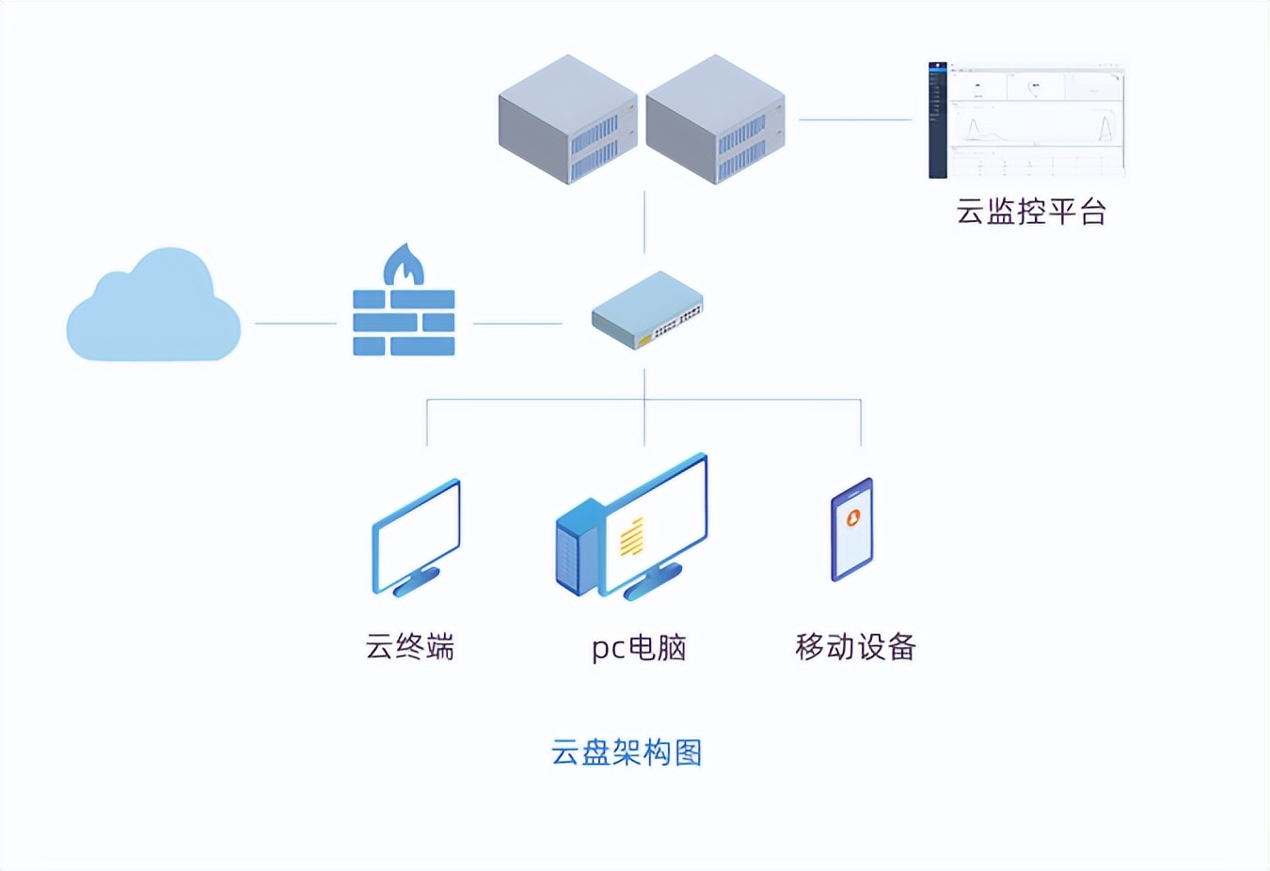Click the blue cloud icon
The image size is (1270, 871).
click(x=153, y=309)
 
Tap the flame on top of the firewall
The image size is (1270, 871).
click(x=404, y=265)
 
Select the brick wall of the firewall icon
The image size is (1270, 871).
click(x=404, y=323)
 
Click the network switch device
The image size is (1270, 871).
click(x=647, y=310)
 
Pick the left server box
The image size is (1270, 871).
click(x=567, y=119)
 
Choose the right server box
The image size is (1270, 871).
click(x=715, y=119)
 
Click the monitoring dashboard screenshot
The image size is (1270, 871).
click(x=1026, y=120)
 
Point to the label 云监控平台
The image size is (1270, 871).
click(x=1031, y=212)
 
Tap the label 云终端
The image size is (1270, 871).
click(x=410, y=647)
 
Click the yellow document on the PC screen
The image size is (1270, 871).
click(x=632, y=536)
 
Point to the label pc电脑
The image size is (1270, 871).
click(x=639, y=647)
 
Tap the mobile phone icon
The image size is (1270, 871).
click(x=852, y=530)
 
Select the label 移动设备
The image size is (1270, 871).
click(x=855, y=647)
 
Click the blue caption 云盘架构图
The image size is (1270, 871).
click(x=627, y=752)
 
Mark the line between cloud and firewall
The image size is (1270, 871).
click(x=295, y=323)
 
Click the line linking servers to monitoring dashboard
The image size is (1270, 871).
click(x=855, y=119)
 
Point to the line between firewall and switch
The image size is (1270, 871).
click(x=517, y=323)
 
